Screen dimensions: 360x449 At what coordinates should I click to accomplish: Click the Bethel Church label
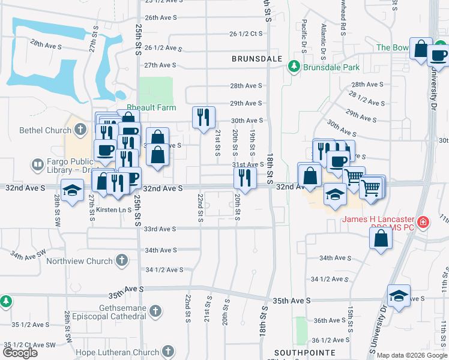tap(37, 130)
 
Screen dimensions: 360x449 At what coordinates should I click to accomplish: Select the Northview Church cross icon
tap(122, 261)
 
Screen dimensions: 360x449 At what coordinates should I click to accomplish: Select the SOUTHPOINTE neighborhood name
tap(299, 352)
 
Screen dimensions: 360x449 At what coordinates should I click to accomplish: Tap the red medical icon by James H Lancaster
tap(424, 222)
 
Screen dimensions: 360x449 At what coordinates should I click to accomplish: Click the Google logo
tap(20, 353)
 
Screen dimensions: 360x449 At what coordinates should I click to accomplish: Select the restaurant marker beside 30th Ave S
tap(203, 116)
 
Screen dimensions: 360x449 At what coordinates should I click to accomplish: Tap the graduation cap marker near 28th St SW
tap(73, 190)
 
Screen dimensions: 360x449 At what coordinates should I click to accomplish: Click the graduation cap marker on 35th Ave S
tap(399, 295)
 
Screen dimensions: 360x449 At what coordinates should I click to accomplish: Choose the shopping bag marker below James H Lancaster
tap(381, 237)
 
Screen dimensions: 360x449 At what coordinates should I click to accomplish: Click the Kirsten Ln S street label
tap(113, 210)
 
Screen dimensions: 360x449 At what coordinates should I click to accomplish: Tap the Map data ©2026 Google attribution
tap(412, 355)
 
